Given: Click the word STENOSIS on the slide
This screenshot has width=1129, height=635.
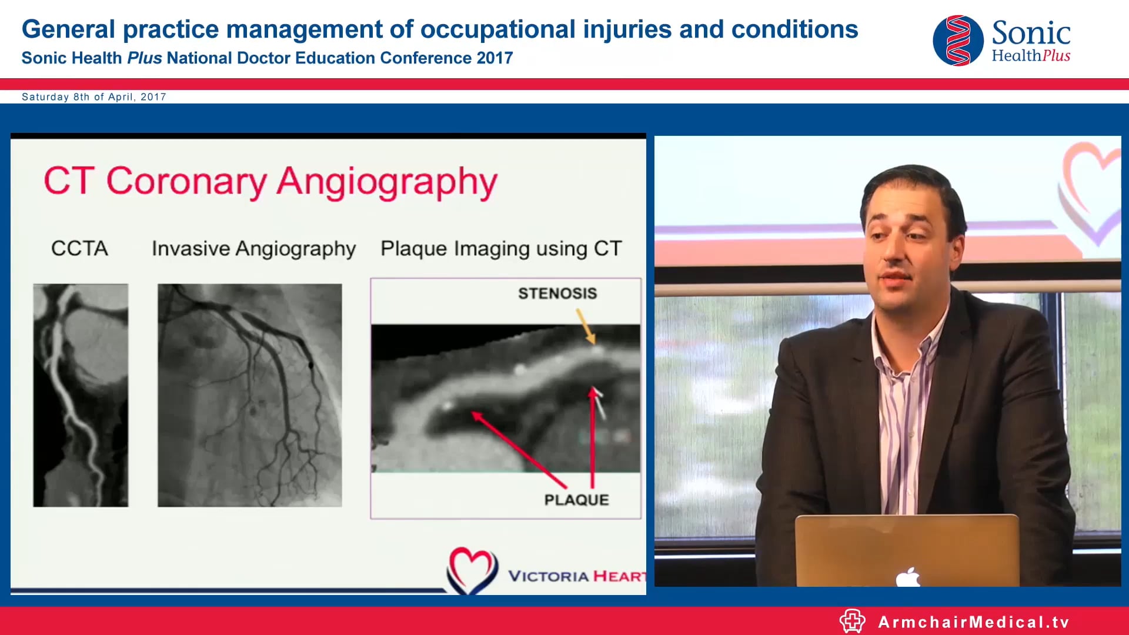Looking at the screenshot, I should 557,293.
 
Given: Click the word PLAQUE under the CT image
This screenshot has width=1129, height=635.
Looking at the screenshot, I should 576,500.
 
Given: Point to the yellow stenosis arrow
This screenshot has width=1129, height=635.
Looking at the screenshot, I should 586,326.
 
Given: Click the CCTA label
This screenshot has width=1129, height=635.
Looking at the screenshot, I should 79,248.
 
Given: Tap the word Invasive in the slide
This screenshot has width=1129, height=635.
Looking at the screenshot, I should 191,248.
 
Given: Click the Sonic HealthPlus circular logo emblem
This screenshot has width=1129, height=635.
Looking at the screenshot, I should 958,41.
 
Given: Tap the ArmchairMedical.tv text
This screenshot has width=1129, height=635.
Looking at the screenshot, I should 973,622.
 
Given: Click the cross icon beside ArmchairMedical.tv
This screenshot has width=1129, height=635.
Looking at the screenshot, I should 852,621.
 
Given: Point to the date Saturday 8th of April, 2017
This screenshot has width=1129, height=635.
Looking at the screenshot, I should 94,97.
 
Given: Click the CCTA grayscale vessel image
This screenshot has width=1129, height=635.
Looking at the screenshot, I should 81,395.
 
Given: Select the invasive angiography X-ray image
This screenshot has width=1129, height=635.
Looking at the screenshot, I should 249,395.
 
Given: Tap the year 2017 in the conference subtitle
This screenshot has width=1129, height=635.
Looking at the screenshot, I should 495,58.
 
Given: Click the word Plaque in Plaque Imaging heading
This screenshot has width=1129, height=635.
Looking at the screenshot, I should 413,249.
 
